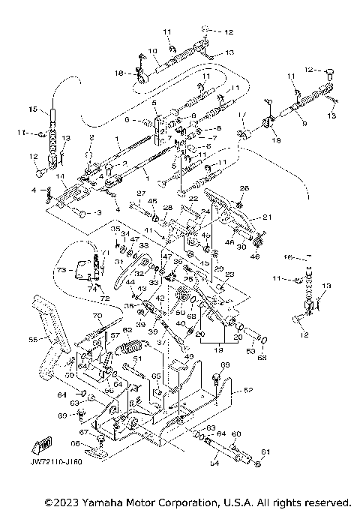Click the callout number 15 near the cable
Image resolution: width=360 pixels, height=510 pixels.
32,109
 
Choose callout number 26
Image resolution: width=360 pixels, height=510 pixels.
243,188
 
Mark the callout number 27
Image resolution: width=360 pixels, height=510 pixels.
139,193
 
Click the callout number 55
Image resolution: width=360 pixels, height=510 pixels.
32,340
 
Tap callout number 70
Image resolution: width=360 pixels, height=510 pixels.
96,316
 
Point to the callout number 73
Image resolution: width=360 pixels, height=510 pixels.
61,269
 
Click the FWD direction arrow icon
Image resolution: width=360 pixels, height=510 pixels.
34,447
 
